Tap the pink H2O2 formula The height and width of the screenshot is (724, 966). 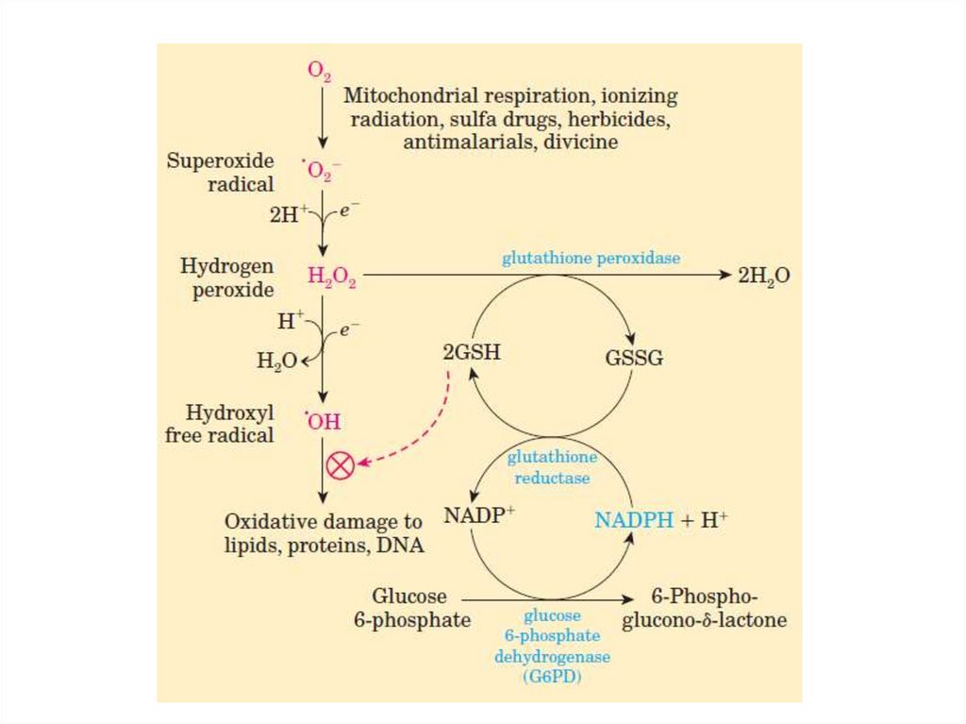(331, 276)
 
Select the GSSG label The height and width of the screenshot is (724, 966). (633, 358)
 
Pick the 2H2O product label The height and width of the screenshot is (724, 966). (763, 276)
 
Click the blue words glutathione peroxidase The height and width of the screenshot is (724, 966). (591, 258)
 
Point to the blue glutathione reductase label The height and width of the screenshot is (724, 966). (553, 467)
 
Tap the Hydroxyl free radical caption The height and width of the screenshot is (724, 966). (233, 424)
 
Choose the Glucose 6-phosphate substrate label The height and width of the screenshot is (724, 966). (410, 608)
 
